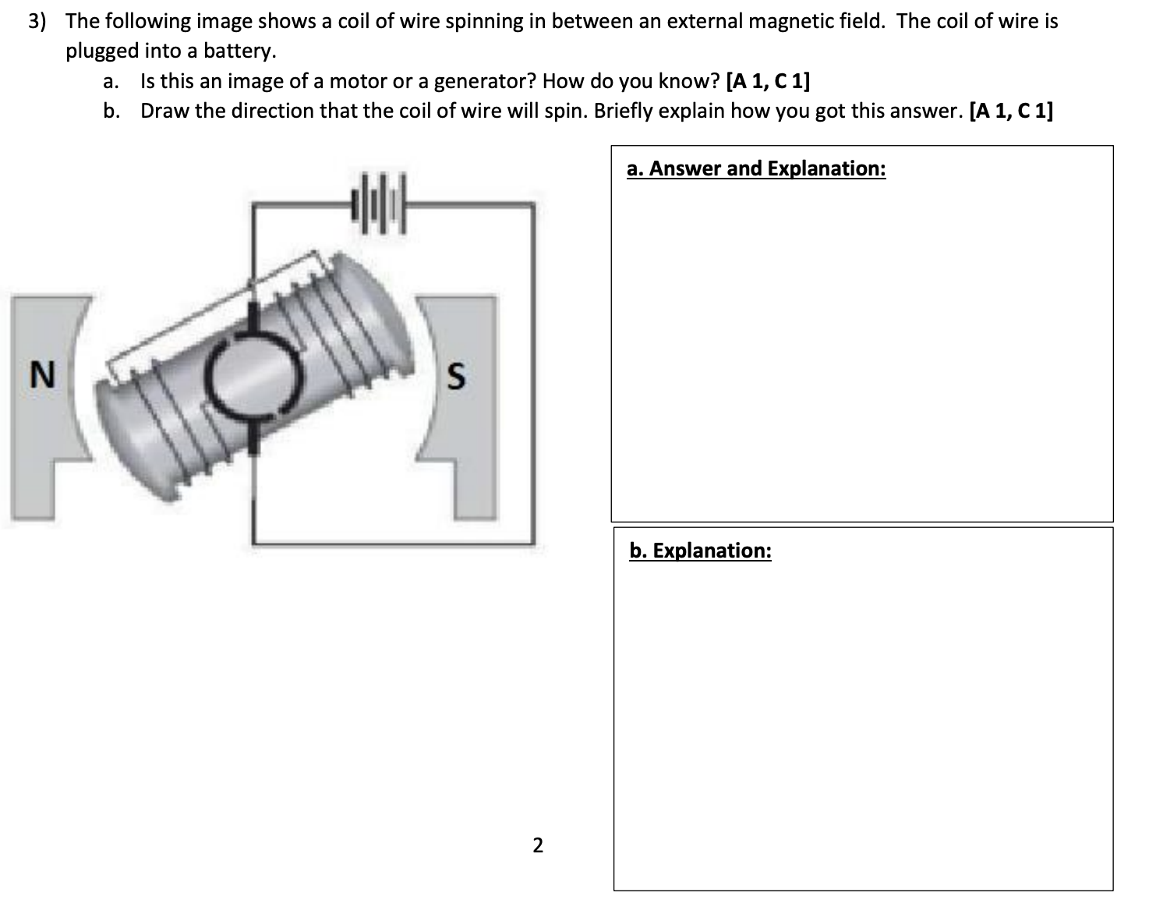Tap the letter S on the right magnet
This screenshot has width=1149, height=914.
[x=456, y=377]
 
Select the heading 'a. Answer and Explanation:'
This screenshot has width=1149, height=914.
[x=755, y=168]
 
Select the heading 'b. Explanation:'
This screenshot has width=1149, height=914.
[x=700, y=551]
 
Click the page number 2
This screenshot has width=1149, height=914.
[x=537, y=845]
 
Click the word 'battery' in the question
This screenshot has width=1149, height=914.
[x=238, y=51]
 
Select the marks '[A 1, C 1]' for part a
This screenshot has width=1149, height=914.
[x=767, y=81]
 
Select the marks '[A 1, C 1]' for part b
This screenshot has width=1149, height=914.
[x=1009, y=111]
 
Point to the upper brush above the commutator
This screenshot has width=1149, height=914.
[x=253, y=320]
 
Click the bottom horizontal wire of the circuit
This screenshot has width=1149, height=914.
[x=390, y=542]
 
